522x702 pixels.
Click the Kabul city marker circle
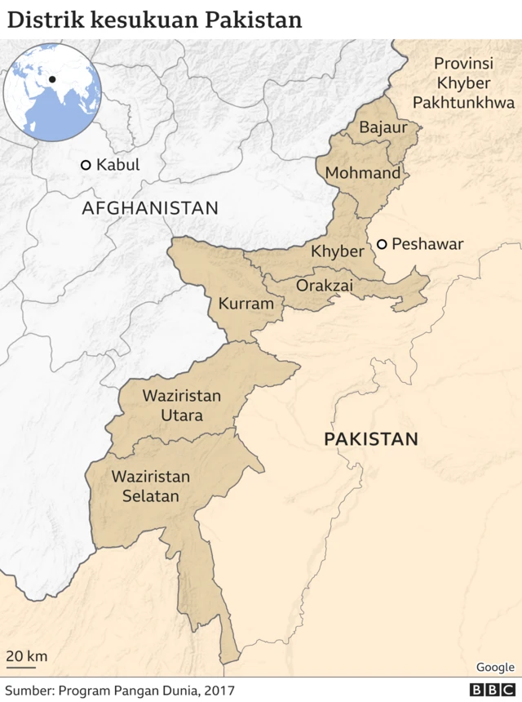(x=86, y=165)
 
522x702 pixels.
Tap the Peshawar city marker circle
(x=381, y=244)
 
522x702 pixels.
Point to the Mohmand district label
(x=363, y=173)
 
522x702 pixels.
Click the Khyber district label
(x=337, y=251)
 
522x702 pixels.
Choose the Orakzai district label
(x=325, y=286)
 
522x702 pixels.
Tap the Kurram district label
(x=246, y=304)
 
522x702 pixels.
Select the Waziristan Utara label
(x=182, y=406)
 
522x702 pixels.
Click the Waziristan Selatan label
(x=151, y=486)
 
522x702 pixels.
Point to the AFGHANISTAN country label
(x=150, y=208)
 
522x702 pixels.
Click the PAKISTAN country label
(x=371, y=439)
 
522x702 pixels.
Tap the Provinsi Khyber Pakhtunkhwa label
(x=463, y=83)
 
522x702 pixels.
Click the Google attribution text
(x=495, y=667)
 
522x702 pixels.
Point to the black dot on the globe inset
(x=52, y=79)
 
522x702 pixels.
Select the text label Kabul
(x=118, y=165)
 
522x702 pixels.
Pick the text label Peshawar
(x=427, y=244)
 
